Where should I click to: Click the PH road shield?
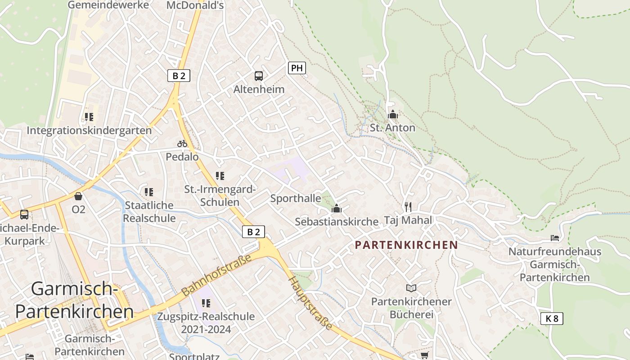(x=297, y=68)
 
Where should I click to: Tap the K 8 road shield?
(x=552, y=319)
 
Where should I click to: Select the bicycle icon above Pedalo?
(x=182, y=144)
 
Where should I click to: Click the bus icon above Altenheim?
(x=258, y=76)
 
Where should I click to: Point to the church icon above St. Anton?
(x=393, y=114)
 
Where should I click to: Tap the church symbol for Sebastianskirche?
(x=336, y=208)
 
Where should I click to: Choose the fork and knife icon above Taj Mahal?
(x=408, y=207)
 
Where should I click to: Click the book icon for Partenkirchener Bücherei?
(x=411, y=288)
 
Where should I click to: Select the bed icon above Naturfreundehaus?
(x=555, y=238)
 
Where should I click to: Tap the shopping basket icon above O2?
(x=78, y=196)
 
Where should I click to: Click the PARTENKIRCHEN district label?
(x=406, y=245)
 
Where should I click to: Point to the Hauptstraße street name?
(x=311, y=302)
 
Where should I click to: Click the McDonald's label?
(x=195, y=5)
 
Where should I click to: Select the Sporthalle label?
(x=296, y=198)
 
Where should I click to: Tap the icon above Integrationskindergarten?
(x=89, y=117)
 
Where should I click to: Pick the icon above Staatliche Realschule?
(x=149, y=192)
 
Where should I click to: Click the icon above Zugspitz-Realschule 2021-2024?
(x=206, y=303)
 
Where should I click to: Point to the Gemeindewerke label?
(x=108, y=5)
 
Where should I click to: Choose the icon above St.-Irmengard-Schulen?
(x=220, y=175)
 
